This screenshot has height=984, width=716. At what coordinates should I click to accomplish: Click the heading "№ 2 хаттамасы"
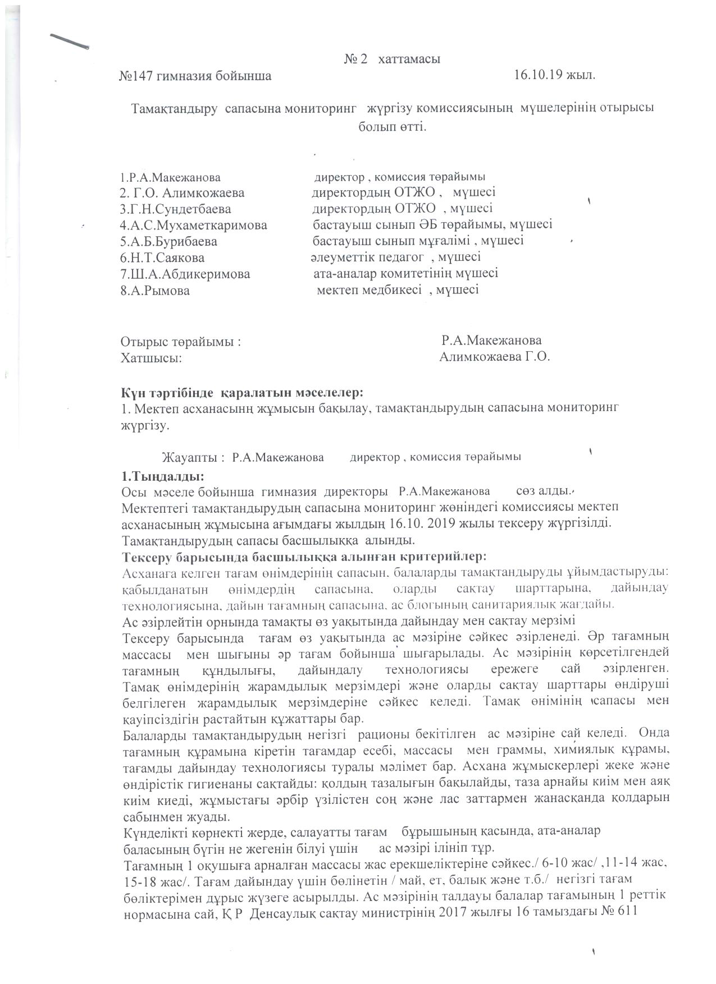pos(391,59)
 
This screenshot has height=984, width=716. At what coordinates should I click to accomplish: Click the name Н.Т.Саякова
pos(163,258)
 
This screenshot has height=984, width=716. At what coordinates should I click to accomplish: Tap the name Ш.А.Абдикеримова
pos(185,274)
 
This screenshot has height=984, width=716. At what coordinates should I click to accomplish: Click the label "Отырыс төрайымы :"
pos(181,341)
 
